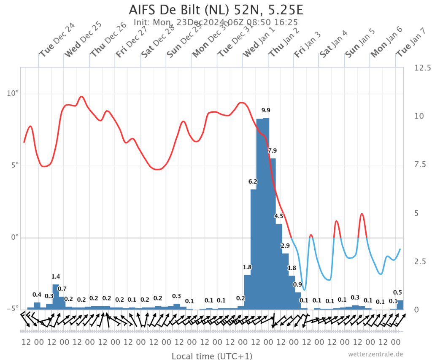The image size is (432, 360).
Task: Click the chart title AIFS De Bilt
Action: click(x=164, y=10)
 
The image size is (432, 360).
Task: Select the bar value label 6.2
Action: click(x=253, y=181)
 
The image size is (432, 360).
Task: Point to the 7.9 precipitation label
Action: click(x=272, y=151)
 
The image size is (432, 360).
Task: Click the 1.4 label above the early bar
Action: click(x=56, y=276)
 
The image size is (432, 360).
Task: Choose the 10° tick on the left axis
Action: click(x=13, y=93)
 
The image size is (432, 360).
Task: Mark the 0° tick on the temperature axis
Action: click(x=15, y=237)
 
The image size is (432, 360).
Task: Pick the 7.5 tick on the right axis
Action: click(x=420, y=165)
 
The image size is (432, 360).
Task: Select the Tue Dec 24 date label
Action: click(x=57, y=40)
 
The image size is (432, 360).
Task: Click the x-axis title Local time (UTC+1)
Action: click(x=212, y=356)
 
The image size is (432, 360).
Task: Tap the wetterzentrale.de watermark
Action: click(x=375, y=354)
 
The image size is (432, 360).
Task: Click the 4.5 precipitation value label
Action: click(x=278, y=216)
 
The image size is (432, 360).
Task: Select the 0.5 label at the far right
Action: click(x=397, y=292)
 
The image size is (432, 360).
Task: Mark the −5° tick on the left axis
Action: click(x=13, y=308)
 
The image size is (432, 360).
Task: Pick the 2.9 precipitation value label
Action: click(x=285, y=246)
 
